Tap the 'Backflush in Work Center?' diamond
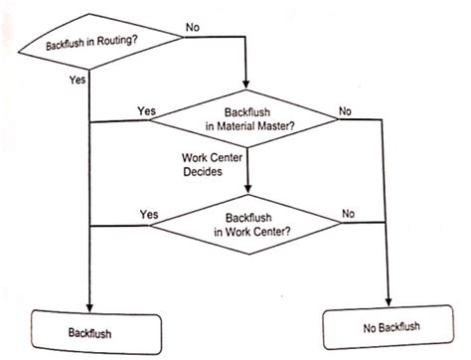[x=246, y=224]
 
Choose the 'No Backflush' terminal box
[x=385, y=327]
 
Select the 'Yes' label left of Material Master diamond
[x=146, y=110]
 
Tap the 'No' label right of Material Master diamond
[x=346, y=111]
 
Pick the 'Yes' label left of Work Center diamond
[x=150, y=213]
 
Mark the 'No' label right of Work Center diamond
[x=349, y=213]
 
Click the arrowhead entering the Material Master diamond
[x=245, y=88]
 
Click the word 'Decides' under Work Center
[x=205, y=170]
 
